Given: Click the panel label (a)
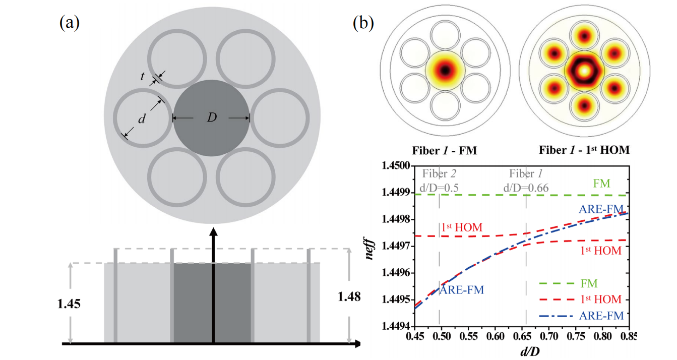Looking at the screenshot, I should pyautogui.click(x=70, y=23).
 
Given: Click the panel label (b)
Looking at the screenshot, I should pyautogui.click(x=363, y=23).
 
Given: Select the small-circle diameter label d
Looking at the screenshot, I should pyautogui.click(x=143, y=119).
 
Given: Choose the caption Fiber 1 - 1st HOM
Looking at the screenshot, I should pyautogui.click(x=584, y=150).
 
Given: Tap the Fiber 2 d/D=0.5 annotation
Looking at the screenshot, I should pyautogui.click(x=440, y=181).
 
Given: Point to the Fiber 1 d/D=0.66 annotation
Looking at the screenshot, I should pyautogui.click(x=526, y=181).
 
